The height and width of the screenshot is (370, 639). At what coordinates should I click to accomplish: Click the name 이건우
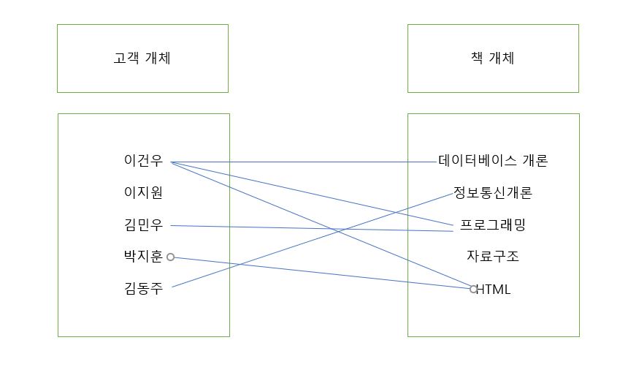(x=143, y=161)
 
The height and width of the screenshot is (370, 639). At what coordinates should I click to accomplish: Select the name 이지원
(x=143, y=193)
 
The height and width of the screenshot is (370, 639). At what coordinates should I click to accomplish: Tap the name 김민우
(x=143, y=225)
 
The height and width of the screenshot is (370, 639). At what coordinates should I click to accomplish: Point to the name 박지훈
(x=143, y=257)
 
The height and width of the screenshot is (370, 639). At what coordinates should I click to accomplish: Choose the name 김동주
(x=143, y=289)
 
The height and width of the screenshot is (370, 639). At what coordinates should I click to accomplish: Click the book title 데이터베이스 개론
(x=493, y=161)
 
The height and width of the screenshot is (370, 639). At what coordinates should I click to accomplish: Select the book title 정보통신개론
(x=493, y=193)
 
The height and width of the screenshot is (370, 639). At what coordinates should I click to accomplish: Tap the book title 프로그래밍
(x=493, y=225)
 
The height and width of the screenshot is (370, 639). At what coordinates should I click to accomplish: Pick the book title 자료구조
(x=493, y=257)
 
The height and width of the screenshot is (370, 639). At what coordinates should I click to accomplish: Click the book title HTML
(x=494, y=289)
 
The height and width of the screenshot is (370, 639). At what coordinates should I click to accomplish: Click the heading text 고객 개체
(x=142, y=58)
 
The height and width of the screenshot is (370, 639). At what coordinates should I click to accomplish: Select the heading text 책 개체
(x=493, y=58)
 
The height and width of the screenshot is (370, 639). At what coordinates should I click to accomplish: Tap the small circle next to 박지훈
(x=170, y=257)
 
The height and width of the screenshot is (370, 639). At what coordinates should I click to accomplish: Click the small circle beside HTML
(x=473, y=289)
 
